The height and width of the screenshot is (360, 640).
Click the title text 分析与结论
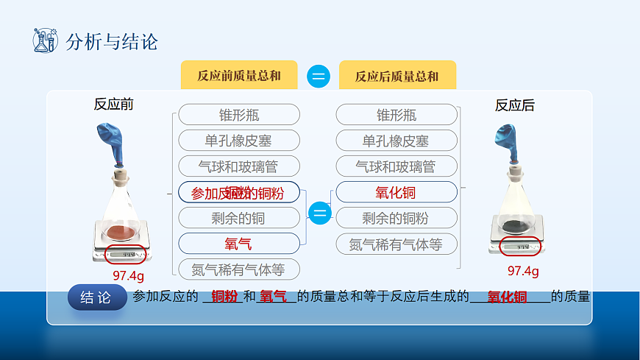112,41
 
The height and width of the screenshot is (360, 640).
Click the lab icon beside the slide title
45,40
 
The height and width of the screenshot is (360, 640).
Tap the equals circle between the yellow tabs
318,76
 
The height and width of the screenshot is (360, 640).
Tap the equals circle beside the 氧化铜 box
319,213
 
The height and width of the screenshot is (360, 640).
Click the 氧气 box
239,243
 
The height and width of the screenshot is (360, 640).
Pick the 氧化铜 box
396,192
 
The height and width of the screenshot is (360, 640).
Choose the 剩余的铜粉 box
396,218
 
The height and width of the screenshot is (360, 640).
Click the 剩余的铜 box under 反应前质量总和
239,218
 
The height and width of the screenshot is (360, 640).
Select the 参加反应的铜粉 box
239,193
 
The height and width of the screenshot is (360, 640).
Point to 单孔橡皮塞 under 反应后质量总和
396,141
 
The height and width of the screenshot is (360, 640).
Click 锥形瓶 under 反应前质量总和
239,115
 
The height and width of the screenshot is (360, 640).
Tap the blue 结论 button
97,297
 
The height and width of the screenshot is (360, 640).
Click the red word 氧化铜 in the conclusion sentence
508,297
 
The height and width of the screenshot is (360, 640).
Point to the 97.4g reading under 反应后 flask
523,270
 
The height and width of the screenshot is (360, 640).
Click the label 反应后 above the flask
514,105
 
